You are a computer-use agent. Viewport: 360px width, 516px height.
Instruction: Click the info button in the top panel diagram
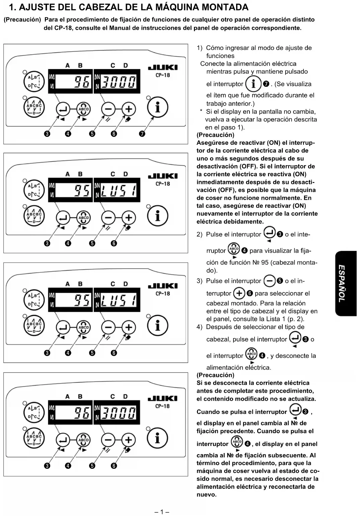(x=157, y=107)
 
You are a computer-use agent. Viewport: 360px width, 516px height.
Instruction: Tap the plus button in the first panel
(x=129, y=109)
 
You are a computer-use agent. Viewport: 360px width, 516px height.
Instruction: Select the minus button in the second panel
(x=108, y=217)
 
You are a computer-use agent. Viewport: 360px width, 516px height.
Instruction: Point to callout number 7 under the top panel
(x=142, y=134)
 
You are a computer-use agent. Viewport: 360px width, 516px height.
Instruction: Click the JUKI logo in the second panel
(x=163, y=176)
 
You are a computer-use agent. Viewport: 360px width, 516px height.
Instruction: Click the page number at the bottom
(x=162, y=512)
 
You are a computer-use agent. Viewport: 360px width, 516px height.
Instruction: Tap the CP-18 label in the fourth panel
(x=163, y=406)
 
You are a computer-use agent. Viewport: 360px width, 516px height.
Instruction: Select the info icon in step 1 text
(x=253, y=84)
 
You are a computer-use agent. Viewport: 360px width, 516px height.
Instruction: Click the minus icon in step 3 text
(x=269, y=281)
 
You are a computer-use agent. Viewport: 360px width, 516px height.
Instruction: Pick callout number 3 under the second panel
(x=47, y=243)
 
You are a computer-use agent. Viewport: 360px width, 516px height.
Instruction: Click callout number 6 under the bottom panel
(x=114, y=466)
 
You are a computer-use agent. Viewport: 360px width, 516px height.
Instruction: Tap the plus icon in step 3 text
(x=239, y=294)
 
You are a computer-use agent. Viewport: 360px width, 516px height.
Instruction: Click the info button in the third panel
(x=157, y=326)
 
